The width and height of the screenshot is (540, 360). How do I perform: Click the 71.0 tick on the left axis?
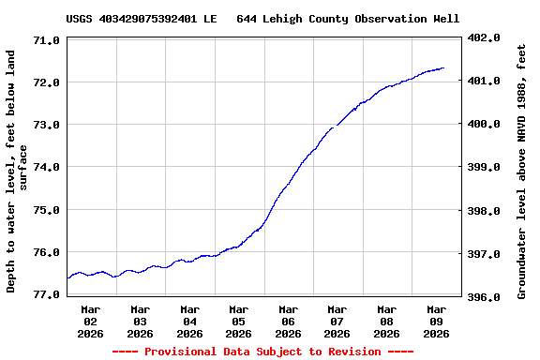point(47,40)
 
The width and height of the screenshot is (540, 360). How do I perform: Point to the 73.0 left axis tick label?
point(47,125)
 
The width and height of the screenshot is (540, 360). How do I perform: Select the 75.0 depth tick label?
point(47,210)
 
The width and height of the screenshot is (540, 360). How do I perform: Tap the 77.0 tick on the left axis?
point(47,294)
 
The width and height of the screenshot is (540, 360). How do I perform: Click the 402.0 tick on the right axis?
point(486,37)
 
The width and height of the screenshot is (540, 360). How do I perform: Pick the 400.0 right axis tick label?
point(486,124)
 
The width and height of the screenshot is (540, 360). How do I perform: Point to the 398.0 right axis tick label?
point(486,211)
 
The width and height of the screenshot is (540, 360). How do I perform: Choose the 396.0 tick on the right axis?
point(486,297)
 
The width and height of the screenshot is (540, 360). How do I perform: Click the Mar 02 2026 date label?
point(91,321)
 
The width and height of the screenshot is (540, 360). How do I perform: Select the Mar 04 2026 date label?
point(189,321)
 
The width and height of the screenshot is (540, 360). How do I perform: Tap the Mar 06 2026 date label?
point(288,321)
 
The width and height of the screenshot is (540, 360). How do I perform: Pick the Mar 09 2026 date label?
point(436,321)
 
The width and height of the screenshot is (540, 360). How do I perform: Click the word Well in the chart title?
point(445,19)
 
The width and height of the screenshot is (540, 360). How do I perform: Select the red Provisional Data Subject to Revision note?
point(262,352)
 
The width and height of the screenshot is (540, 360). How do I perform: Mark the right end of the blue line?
point(443,67)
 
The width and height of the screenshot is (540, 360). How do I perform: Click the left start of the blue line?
point(67,277)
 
